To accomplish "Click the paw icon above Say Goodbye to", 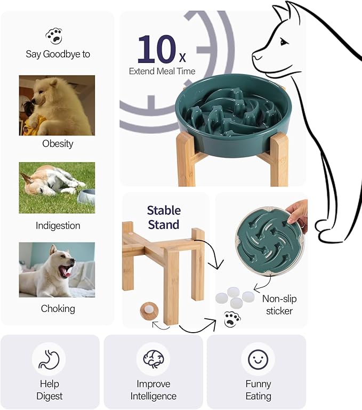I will pyautogui.click(x=54, y=36).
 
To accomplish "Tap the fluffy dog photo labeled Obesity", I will pyautogui.click(x=57, y=105).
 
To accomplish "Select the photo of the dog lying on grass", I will pyautogui.click(x=57, y=188).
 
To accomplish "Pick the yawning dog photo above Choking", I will pyautogui.click(x=57, y=270).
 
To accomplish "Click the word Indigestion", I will pyautogui.click(x=58, y=226).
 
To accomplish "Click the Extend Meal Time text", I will pyautogui.click(x=162, y=71).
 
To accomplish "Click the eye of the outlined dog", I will pyautogui.click(x=284, y=42).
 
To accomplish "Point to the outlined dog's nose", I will pyautogui.click(x=255, y=55).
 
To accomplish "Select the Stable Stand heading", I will pyautogui.click(x=164, y=217).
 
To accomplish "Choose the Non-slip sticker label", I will pyautogui.click(x=279, y=304).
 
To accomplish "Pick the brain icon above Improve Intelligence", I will pyautogui.click(x=153, y=359).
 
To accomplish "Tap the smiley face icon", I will pyautogui.click(x=258, y=359).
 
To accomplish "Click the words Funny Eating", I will pyautogui.click(x=259, y=390).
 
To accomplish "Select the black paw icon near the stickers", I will pyautogui.click(x=232, y=319).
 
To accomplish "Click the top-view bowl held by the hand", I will pyautogui.click(x=264, y=239).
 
